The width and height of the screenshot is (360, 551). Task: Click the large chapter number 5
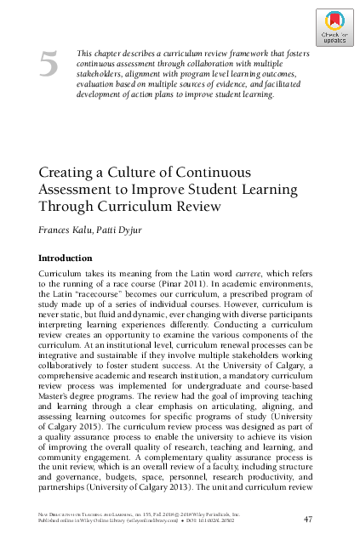(x=49, y=65)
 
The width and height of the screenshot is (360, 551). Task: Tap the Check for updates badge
(x=334, y=29)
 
